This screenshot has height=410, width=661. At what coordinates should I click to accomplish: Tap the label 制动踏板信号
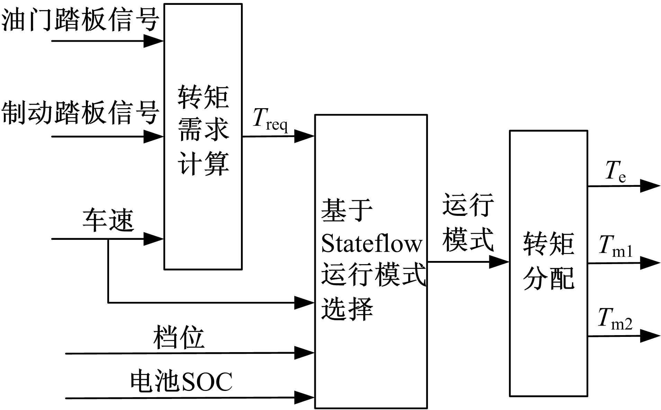click(80, 112)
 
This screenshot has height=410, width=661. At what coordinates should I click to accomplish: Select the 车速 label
click(108, 220)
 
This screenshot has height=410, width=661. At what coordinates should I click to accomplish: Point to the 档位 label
click(179, 337)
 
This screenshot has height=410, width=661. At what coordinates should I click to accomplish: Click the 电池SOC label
click(181, 382)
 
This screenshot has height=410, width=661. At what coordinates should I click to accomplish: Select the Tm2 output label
click(615, 319)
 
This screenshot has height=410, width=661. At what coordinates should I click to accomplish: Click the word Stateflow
click(372, 244)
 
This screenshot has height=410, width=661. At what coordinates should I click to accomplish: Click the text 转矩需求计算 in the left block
click(203, 130)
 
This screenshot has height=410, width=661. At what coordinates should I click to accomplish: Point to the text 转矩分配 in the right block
click(548, 261)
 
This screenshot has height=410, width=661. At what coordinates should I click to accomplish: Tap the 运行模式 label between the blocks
click(468, 222)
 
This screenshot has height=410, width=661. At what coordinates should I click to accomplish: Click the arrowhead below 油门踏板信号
click(153, 41)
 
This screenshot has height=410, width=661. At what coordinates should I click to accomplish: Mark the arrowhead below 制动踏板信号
click(153, 137)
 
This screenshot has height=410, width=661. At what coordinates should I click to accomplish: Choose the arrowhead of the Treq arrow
click(304, 136)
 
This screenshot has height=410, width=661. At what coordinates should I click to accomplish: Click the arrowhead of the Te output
click(650, 186)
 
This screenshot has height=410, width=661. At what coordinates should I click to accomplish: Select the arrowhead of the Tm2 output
click(650, 336)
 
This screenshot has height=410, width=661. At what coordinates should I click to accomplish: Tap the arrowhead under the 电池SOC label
click(304, 398)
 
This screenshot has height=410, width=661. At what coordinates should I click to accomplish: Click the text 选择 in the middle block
click(347, 308)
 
